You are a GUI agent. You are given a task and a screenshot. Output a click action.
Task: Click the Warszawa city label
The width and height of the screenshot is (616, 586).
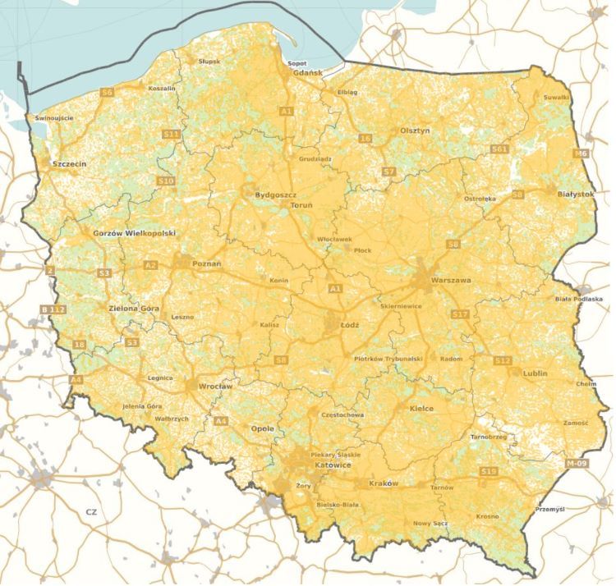(450, 280)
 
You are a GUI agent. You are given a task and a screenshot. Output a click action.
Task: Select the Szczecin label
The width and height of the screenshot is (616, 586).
(69, 163)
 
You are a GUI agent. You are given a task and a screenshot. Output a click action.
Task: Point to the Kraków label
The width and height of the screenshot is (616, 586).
(384, 483)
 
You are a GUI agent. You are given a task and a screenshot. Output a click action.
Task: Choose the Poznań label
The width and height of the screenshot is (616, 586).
(207, 264)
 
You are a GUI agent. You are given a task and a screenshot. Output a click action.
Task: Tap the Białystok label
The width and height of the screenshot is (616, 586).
(575, 194)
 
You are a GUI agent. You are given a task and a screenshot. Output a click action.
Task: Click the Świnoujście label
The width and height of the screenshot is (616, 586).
(54, 118)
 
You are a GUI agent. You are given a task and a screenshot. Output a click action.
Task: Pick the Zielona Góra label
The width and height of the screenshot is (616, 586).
(133, 309)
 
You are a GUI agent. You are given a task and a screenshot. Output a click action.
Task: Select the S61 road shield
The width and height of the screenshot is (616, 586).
(499, 149)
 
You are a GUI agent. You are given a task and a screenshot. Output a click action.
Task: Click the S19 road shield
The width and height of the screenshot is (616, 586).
(489, 471)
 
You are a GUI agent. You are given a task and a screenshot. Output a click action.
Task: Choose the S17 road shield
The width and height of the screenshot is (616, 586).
(459, 314)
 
